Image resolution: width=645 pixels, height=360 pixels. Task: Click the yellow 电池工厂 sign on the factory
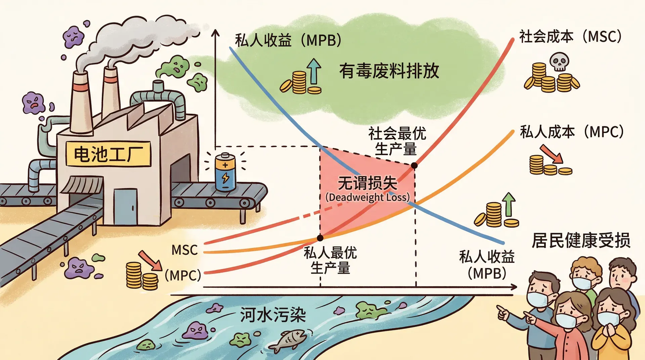tap(108, 154)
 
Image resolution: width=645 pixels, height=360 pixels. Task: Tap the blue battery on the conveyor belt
tap(225, 172)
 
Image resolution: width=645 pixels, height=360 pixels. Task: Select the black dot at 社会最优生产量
tap(415, 165)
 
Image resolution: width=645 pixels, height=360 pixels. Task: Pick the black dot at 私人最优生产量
tap(320, 238)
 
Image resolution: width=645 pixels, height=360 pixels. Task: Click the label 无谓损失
tap(368, 183)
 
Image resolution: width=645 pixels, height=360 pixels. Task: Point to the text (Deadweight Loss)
tap(368, 197)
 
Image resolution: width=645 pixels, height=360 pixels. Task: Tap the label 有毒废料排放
tap(389, 71)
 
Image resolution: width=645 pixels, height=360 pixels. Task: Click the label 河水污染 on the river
tap(273, 315)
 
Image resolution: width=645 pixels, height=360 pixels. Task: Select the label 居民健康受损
tap(581, 240)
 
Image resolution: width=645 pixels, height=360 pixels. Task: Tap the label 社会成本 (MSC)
tap(570, 36)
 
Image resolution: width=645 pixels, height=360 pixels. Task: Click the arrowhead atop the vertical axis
tap(215, 33)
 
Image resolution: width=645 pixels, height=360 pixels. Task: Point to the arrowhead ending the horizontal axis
tap(514, 287)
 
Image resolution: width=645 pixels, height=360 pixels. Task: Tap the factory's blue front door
tap(125, 207)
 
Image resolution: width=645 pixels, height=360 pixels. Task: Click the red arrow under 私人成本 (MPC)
tap(551, 154)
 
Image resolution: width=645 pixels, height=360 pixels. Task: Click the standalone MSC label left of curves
tap(184, 250)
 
